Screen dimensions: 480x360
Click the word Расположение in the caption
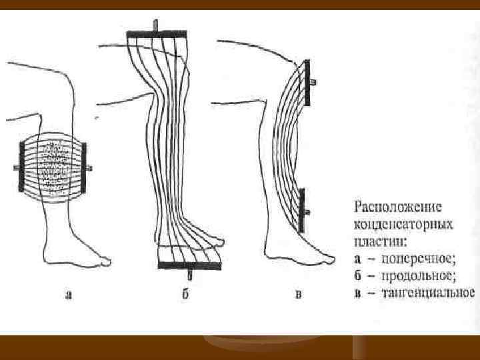click(393, 206)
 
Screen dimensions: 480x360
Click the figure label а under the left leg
click(69, 295)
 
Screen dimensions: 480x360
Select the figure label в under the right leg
click(298, 295)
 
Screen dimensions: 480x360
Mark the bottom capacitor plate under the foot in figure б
click(189, 266)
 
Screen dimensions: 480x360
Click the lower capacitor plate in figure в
click(302, 210)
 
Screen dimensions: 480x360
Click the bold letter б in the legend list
click(357, 275)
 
